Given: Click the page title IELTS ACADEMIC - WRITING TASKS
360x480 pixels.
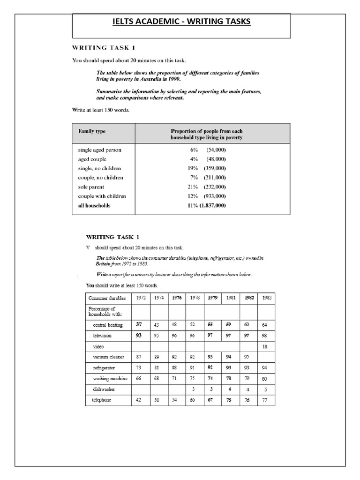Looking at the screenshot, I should (x=181, y=22).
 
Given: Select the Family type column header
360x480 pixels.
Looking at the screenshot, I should (x=91, y=131).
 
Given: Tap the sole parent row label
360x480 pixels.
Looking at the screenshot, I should (x=91, y=187).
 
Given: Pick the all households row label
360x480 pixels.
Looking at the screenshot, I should (x=94, y=206).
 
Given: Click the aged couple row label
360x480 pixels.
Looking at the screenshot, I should (x=92, y=159).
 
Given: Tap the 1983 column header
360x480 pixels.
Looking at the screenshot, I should (x=267, y=298).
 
